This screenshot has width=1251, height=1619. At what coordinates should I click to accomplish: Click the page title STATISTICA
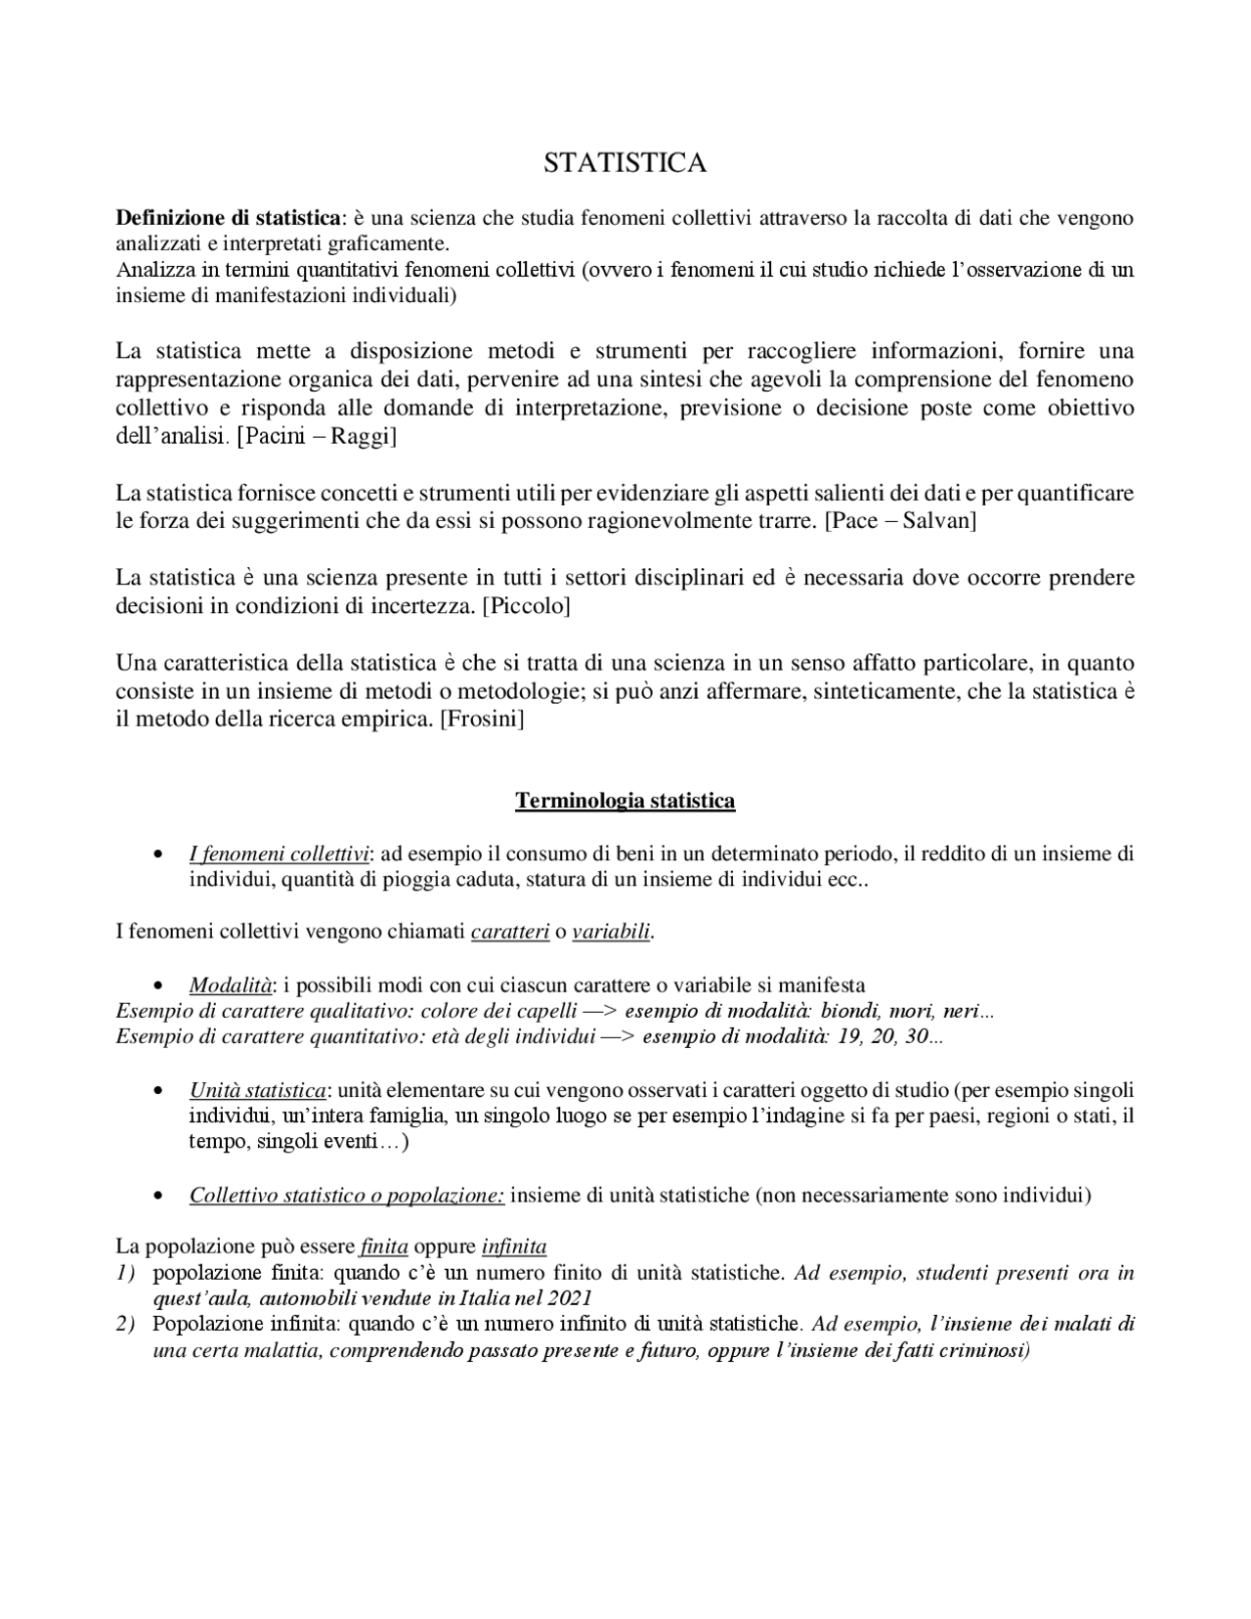point(625,163)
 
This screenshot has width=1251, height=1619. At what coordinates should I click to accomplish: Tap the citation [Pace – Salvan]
point(900,521)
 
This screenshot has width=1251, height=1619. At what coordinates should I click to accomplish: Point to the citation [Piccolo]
point(526,606)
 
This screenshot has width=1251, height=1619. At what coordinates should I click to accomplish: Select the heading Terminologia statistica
point(625,802)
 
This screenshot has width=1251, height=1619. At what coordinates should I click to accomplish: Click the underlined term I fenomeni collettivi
point(280,854)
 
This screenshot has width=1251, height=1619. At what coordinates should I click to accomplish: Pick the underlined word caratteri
point(509,933)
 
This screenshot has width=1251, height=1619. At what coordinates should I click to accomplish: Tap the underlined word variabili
point(611,933)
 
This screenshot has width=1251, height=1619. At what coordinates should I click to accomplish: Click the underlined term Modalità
point(231,985)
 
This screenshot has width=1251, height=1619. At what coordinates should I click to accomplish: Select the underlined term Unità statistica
point(258,1090)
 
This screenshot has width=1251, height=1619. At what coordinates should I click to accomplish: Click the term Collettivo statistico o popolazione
point(347,1196)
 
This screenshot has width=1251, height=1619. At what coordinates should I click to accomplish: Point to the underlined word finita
point(383,1247)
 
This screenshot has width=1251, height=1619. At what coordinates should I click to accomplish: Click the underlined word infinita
point(514,1247)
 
